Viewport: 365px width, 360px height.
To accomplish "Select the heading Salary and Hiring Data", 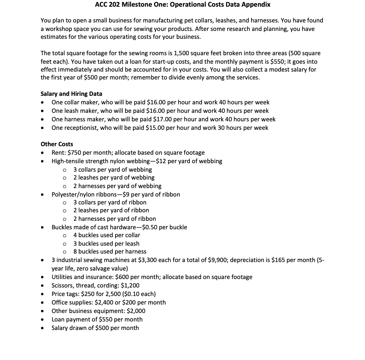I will tap(71, 94).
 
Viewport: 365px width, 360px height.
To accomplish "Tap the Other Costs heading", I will tap(57, 144).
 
